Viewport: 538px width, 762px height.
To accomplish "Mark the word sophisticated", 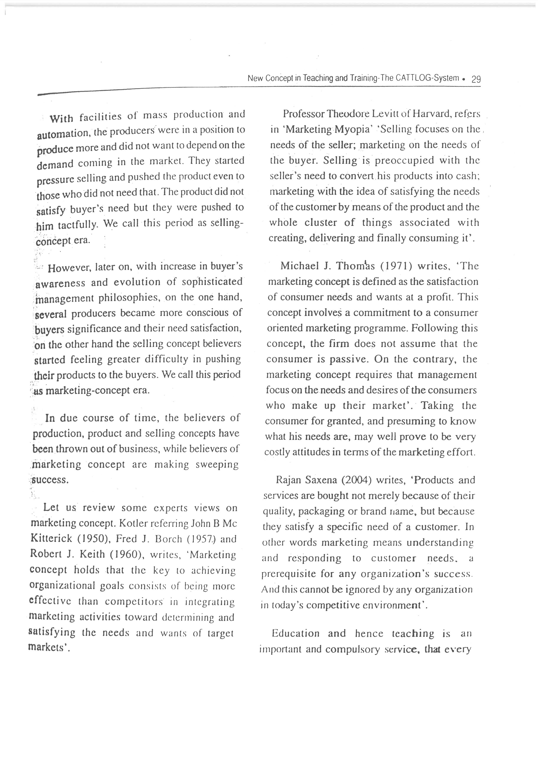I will point(212,282).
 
